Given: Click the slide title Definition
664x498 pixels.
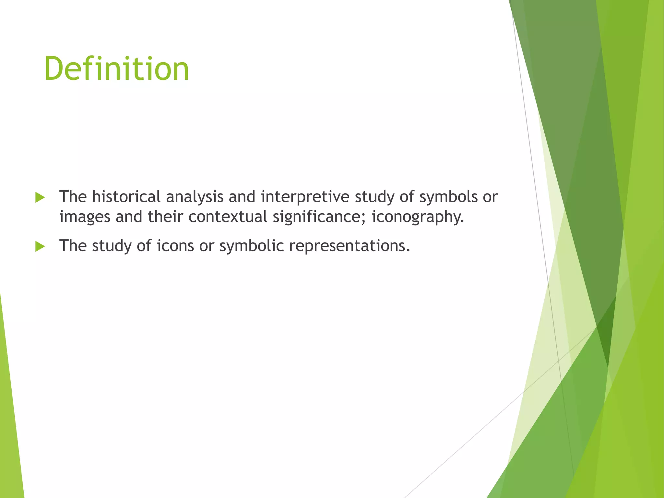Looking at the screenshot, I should click(x=117, y=69).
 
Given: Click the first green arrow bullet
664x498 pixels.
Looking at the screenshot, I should click(x=40, y=197).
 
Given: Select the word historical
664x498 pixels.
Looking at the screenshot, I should click(x=126, y=197).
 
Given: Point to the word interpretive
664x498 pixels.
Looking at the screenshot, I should click(x=305, y=197).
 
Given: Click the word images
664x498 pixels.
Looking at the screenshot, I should click(x=85, y=217).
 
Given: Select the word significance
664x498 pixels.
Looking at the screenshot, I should click(x=319, y=217).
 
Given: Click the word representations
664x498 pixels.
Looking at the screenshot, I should click(x=349, y=246).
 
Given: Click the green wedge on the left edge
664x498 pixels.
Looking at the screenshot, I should click(x=10, y=421).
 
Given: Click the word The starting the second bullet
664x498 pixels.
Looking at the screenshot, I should click(x=73, y=246).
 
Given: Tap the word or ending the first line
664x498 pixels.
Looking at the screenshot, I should click(x=490, y=197).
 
